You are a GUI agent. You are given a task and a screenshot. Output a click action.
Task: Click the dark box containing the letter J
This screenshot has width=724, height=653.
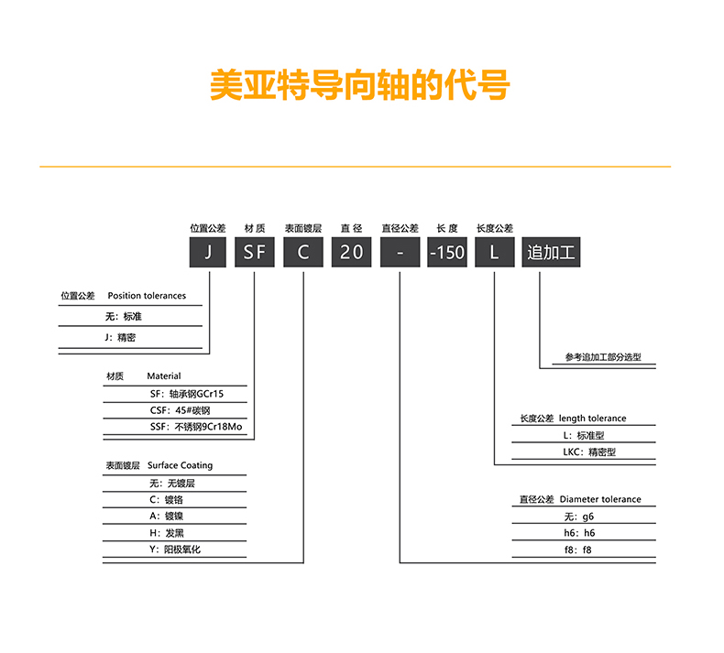(208, 252)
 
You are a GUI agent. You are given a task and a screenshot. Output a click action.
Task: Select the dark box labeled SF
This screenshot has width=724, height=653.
(255, 252)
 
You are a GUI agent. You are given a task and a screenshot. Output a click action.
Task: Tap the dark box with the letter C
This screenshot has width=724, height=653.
(303, 252)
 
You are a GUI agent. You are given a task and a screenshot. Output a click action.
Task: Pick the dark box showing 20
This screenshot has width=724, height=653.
(351, 252)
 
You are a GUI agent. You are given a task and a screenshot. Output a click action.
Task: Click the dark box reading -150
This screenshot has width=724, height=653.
(447, 252)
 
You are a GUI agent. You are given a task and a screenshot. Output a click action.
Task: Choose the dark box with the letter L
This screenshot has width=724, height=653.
(495, 252)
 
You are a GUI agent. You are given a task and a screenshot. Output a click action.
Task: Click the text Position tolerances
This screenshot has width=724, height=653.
(147, 296)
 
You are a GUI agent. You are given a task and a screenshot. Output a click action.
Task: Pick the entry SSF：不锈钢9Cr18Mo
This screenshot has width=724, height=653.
(195, 427)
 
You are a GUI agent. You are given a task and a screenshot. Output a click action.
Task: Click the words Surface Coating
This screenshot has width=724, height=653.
(180, 465)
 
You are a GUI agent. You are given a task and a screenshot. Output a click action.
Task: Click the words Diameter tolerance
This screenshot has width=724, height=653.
(600, 499)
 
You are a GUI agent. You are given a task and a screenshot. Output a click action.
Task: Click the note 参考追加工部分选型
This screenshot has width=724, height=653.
(603, 357)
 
